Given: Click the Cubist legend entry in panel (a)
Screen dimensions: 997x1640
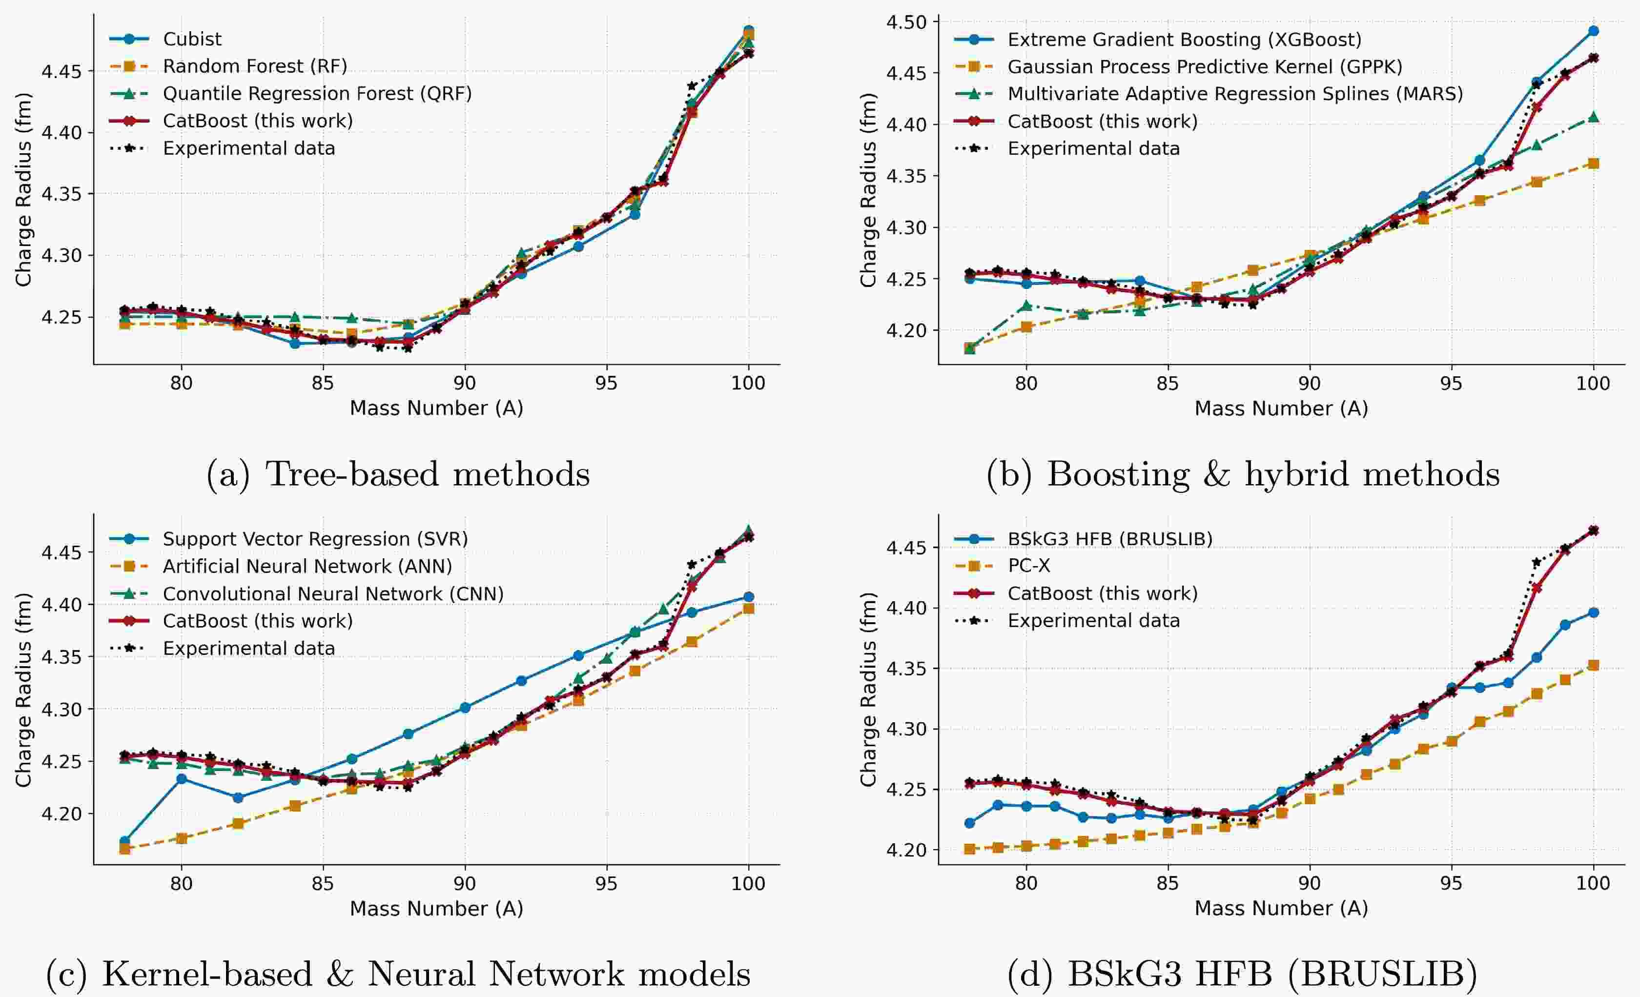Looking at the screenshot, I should [x=192, y=39].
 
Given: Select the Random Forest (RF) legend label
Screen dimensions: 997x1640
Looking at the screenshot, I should [x=255, y=66].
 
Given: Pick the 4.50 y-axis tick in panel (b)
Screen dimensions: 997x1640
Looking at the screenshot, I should [x=906, y=22].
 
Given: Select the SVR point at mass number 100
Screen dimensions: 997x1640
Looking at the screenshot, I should [x=749, y=597].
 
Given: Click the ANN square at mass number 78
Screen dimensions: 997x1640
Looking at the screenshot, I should [x=124, y=849].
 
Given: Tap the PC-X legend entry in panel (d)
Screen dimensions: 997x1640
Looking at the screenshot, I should [x=1028, y=566].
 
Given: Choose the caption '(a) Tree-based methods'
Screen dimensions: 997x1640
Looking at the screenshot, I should [x=398, y=474].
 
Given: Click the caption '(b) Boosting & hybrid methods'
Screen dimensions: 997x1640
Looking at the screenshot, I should [x=1243, y=474].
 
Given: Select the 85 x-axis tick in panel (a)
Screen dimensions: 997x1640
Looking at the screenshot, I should [x=323, y=384].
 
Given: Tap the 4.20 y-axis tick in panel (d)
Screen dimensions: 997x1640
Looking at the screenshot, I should [x=906, y=850].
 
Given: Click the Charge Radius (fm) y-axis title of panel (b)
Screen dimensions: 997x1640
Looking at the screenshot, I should [x=868, y=190].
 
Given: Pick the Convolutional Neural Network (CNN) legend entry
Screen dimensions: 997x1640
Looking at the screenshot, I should [x=333, y=594].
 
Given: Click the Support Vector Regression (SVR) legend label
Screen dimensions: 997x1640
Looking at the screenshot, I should [x=315, y=539].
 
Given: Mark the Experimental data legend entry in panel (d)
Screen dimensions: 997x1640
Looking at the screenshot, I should [x=1093, y=621].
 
